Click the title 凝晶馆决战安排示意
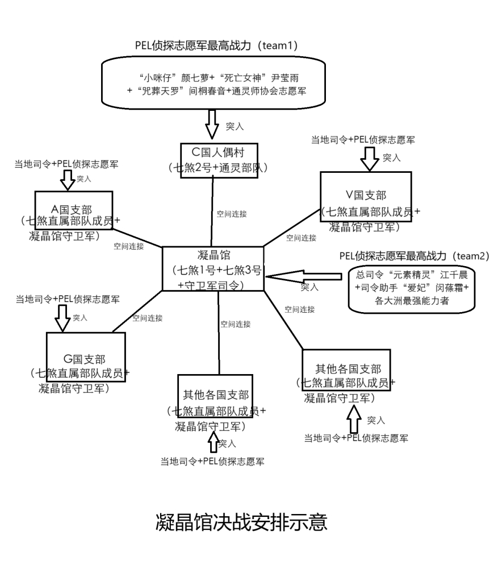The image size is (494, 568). pyautogui.click(x=241, y=521)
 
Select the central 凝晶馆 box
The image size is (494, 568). pyautogui.click(x=213, y=270)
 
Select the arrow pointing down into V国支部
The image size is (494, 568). pyautogui.click(x=369, y=159)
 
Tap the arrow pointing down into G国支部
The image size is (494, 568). pyautogui.click(x=62, y=319)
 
